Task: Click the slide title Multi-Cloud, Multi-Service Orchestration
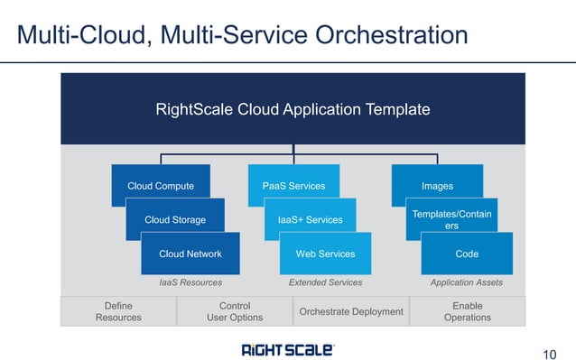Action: [x=242, y=35]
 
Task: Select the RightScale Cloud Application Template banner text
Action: [x=293, y=110]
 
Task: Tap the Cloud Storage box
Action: [x=175, y=219]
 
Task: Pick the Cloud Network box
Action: [x=190, y=254]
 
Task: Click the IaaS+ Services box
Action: [x=310, y=219]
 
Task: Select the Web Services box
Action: [x=325, y=254]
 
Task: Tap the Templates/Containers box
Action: [x=451, y=219]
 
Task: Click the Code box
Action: [x=467, y=254]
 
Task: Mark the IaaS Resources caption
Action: [x=190, y=282]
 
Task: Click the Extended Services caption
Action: [x=325, y=282]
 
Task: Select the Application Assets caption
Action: [x=467, y=282]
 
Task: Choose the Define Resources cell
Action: [x=118, y=311]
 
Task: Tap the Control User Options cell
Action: [x=235, y=311]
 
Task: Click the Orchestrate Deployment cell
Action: [x=350, y=311]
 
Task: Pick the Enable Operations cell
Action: [x=467, y=311]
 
